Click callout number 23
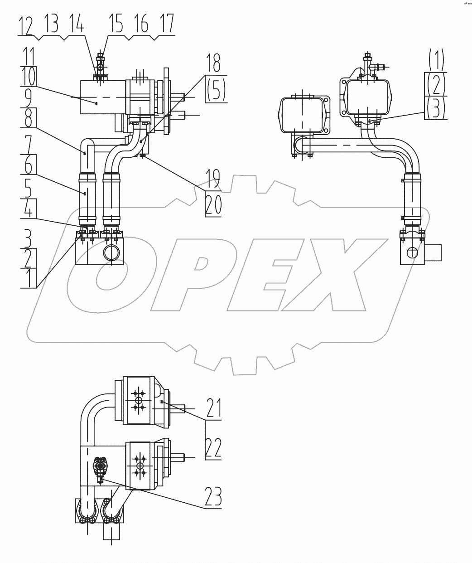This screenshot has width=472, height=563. click(x=212, y=498)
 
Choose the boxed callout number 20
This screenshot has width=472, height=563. click(x=213, y=204)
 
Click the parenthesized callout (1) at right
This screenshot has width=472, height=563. click(x=435, y=59)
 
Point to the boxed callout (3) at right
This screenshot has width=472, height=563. click(x=435, y=108)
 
